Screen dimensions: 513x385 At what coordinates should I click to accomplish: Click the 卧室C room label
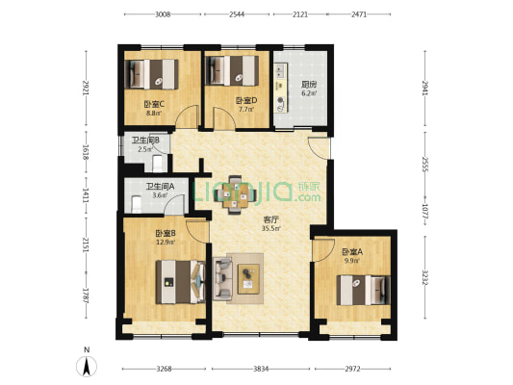(154, 105)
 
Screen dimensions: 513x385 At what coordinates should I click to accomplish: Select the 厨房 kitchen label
(309, 85)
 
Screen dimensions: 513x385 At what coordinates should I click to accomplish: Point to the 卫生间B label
(145, 141)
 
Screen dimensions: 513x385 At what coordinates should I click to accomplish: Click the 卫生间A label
(160, 187)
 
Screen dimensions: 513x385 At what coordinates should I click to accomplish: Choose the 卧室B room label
(166, 233)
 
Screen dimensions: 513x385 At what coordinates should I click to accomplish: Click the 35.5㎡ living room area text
(270, 228)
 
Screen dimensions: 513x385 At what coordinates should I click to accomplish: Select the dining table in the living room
(235, 195)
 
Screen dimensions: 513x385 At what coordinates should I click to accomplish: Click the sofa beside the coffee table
(222, 278)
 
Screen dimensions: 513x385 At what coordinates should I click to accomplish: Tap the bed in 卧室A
(364, 290)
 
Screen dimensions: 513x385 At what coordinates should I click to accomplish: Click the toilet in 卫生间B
(158, 164)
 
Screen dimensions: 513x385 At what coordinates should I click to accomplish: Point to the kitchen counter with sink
(280, 88)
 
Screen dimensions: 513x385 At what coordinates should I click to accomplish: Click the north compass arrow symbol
(87, 367)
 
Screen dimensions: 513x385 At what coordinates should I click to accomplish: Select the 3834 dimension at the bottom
(261, 369)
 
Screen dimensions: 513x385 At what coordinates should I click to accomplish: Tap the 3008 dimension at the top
(163, 14)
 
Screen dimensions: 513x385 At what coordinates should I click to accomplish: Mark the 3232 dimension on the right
(425, 277)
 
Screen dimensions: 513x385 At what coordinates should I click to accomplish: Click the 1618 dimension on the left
(87, 152)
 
